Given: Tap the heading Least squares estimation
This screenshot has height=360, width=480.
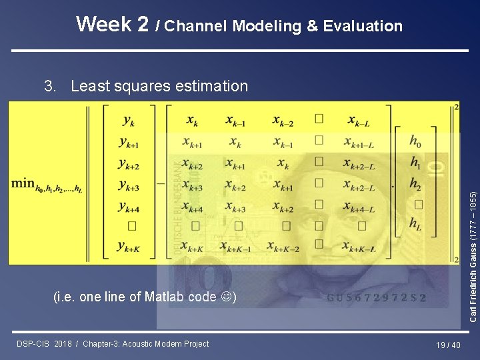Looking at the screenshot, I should tap(159, 86).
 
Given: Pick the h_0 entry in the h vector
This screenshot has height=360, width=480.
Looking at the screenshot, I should tap(415, 141).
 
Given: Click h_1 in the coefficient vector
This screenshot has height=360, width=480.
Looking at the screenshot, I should tap(415, 162).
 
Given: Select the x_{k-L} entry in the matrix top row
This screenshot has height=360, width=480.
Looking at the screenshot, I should tap(358, 121).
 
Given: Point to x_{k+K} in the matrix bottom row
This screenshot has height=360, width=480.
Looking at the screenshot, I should tap(192, 247).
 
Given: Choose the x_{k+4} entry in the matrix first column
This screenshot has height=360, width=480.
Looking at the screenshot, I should tap(192, 206).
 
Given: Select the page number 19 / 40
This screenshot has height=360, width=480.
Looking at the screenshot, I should tap(447, 345).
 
